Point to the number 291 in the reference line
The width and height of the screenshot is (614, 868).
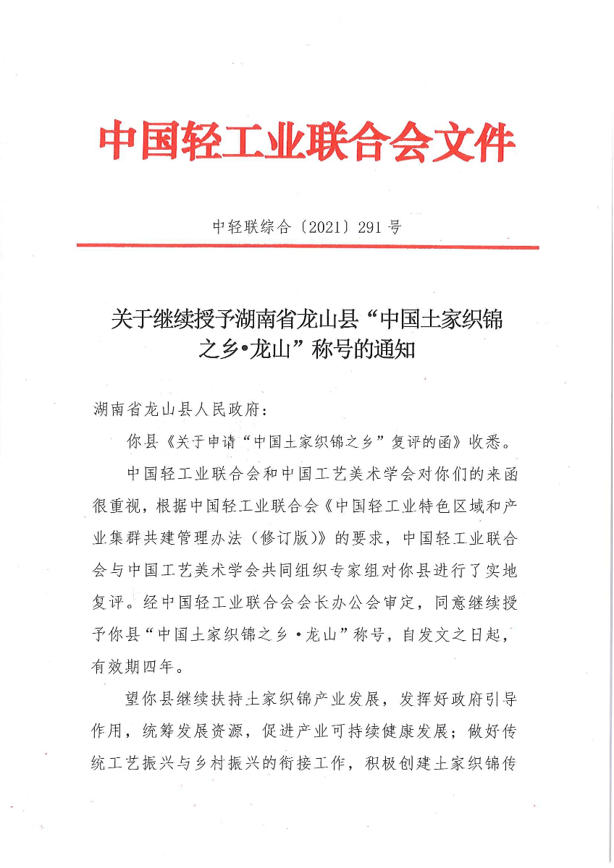pyautogui.click(x=370, y=227)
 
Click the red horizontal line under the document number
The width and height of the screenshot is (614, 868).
pyautogui.click(x=308, y=247)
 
